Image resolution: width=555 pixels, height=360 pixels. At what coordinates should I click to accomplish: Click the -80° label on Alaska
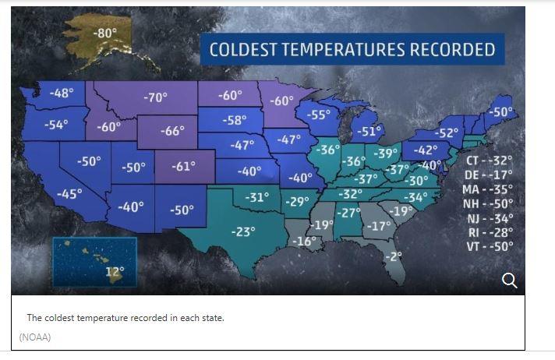tap(105, 33)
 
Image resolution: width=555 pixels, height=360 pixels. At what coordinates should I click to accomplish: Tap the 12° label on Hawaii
tap(115, 272)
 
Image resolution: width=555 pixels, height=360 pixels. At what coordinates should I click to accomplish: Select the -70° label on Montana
tap(155, 97)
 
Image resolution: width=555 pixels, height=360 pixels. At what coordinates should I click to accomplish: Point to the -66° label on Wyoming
tap(172, 131)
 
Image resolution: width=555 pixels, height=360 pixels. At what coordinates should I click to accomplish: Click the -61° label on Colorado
tap(183, 166)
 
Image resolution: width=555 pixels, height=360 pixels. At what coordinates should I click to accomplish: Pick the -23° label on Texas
tap(243, 232)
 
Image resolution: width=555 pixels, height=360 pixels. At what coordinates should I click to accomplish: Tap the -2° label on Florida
tap(394, 256)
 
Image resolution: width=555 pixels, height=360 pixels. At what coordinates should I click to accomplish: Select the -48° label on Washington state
tap(62, 93)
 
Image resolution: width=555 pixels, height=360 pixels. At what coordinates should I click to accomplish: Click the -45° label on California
tap(69, 193)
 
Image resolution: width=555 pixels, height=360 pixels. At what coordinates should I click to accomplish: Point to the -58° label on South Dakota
tap(235, 120)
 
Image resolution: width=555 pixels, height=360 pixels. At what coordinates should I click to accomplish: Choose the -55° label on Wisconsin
tap(318, 115)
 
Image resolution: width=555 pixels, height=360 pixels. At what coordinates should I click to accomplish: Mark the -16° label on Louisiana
tap(305, 242)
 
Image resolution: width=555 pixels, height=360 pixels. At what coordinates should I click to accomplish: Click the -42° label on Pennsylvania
tap(426, 150)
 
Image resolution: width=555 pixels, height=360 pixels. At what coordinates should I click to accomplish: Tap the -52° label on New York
tap(447, 133)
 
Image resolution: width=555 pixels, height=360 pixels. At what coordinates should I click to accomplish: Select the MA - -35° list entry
tap(487, 189)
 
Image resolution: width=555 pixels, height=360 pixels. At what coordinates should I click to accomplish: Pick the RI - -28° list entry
tap(490, 232)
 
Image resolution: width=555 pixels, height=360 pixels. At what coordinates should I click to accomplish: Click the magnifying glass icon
tap(510, 281)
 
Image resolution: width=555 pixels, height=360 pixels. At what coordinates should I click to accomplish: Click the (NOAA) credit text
tap(35, 337)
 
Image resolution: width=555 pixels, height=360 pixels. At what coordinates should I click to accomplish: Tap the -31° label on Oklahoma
tap(257, 197)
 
